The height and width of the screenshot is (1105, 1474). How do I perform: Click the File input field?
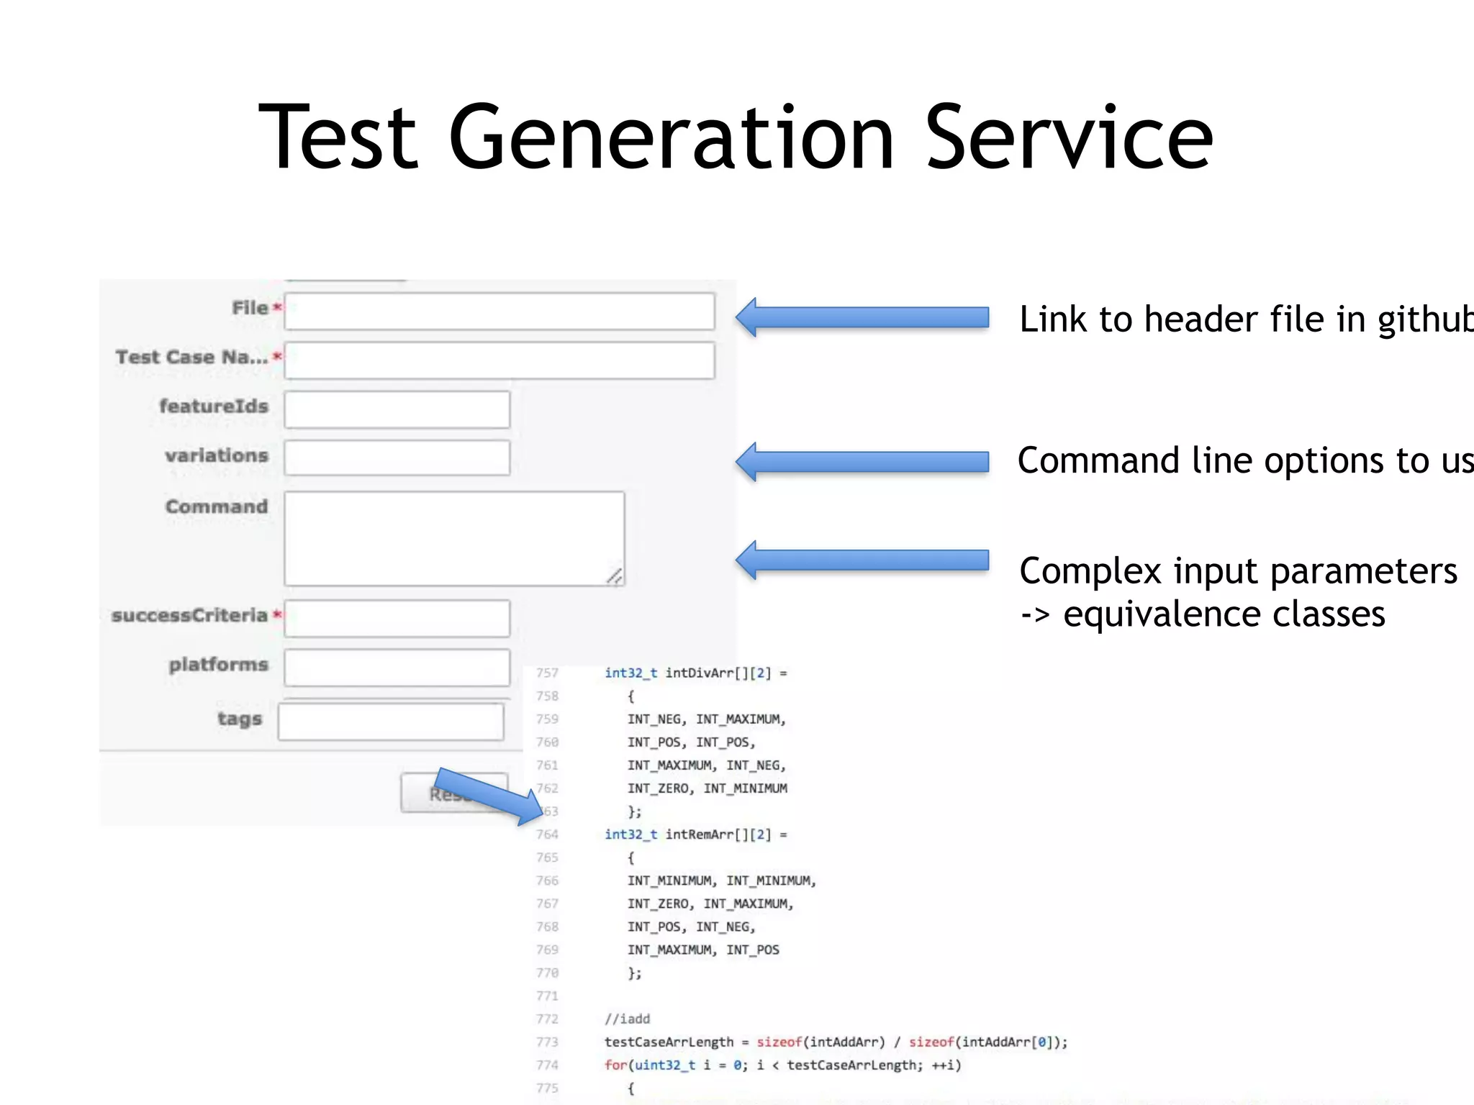pyautogui.click(x=499, y=312)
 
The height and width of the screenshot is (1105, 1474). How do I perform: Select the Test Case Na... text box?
pyautogui.click(x=499, y=360)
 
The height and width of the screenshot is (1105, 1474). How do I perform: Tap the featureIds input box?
pyautogui.click(x=397, y=409)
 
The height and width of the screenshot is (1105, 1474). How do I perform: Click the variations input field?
pyautogui.click(x=397, y=458)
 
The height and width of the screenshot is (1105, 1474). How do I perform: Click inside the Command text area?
pyautogui.click(x=453, y=538)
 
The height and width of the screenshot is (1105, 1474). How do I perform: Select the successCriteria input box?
pyautogui.click(x=397, y=618)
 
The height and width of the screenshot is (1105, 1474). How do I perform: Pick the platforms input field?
pyautogui.click(x=397, y=668)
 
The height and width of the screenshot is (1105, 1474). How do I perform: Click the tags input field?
pyautogui.click(x=391, y=722)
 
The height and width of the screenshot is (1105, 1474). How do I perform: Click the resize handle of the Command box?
pyautogui.click(x=615, y=576)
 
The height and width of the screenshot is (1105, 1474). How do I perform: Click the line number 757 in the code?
pyautogui.click(x=547, y=673)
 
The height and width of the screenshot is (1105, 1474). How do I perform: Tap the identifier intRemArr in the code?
pyautogui.click(x=698, y=835)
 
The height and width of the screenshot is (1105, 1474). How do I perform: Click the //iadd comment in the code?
pyautogui.click(x=627, y=1019)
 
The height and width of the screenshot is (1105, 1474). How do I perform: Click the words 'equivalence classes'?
pyautogui.click(x=1224, y=614)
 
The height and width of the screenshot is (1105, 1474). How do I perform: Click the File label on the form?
pyautogui.click(x=249, y=308)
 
